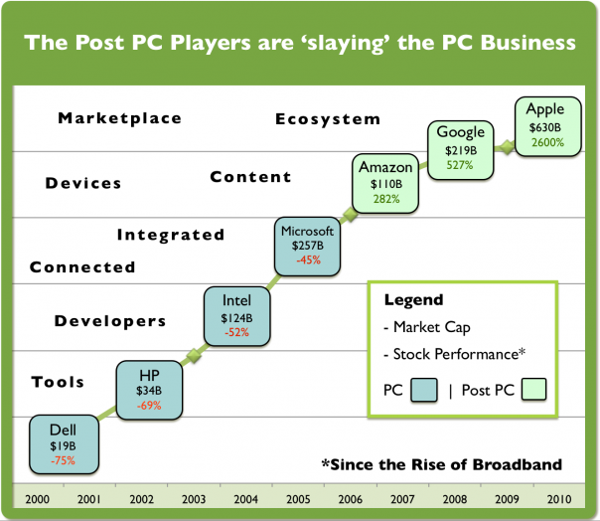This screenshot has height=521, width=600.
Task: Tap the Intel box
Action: pos(236,315)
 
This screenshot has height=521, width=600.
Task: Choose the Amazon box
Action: pos(386,182)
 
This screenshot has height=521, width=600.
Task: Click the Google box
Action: pos(462,146)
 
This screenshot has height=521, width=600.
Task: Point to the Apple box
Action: pos(545,125)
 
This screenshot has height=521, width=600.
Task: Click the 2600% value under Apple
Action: pos(545,142)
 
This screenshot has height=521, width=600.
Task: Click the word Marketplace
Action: pos(119,118)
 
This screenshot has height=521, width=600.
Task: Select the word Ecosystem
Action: pos(328,119)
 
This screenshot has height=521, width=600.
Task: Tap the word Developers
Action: pos(110,321)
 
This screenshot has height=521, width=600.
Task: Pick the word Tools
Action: pos(58,382)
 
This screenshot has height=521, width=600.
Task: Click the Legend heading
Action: pos(413,300)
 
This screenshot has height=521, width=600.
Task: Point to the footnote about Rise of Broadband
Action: pos(441,464)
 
